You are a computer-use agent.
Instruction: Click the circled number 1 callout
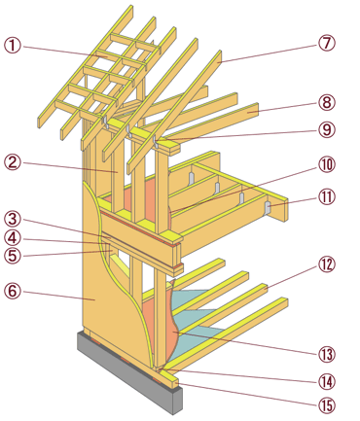pyautogui.click(x=13, y=46)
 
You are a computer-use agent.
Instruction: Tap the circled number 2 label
pyautogui.click(x=13, y=161)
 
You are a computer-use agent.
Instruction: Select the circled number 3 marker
pyautogui.click(x=13, y=220)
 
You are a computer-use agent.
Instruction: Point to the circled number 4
pyautogui.click(x=13, y=238)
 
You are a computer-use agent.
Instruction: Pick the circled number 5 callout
pyautogui.click(x=13, y=256)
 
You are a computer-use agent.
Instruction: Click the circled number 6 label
pyautogui.click(x=13, y=291)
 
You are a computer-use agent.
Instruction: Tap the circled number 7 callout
pyautogui.click(x=326, y=43)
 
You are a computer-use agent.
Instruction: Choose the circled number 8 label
pyautogui.click(x=326, y=102)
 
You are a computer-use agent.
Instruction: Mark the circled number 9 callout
pyautogui.click(x=326, y=129)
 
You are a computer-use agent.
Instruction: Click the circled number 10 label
pyautogui.click(x=326, y=164)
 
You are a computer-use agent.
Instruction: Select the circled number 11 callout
pyautogui.click(x=326, y=197)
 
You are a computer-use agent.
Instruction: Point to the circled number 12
pyautogui.click(x=326, y=264)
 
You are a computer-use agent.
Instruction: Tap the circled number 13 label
pyautogui.click(x=326, y=355)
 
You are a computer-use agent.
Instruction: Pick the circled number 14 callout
pyautogui.click(x=326, y=381)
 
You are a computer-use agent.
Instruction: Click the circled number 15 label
pyautogui.click(x=326, y=405)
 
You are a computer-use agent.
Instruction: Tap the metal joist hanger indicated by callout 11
pyautogui.click(x=268, y=208)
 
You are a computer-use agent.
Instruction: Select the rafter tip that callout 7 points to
pyautogui.click(x=219, y=56)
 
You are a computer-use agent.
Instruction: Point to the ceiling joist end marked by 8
pyautogui.click(x=256, y=110)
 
